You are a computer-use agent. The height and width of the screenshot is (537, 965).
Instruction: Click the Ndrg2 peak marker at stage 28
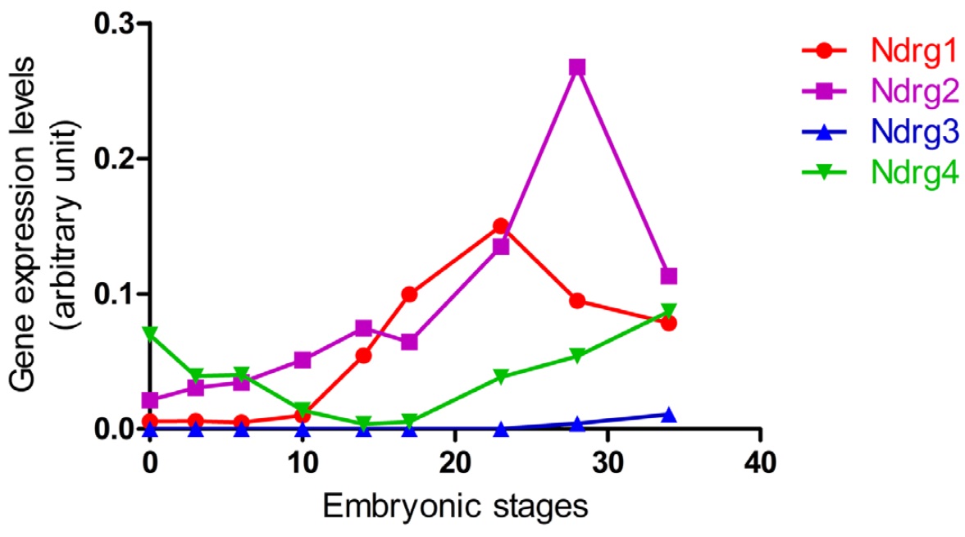pyautogui.click(x=577, y=67)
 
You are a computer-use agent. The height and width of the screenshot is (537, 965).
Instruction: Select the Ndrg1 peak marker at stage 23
pyautogui.click(x=501, y=225)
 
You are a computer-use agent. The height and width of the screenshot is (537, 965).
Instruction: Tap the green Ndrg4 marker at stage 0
pyautogui.click(x=150, y=334)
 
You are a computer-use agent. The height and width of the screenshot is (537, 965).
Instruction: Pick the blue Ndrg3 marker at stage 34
pyautogui.click(x=668, y=415)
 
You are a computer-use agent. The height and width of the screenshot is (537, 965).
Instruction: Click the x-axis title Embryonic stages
pyautogui.click(x=455, y=506)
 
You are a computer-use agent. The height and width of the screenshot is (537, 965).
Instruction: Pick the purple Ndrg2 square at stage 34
pyautogui.click(x=668, y=276)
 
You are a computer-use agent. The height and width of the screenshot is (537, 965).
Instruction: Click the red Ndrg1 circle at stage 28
pyautogui.click(x=577, y=301)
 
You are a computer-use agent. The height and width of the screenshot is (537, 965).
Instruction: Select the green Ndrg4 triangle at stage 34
pyautogui.click(x=668, y=311)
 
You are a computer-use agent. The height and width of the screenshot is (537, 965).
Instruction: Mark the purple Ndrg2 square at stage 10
pyautogui.click(x=303, y=360)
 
